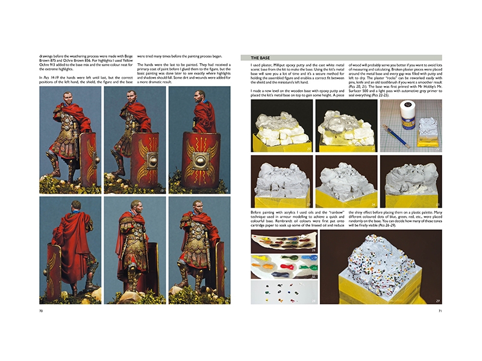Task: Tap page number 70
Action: [42, 311]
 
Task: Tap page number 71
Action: [440, 311]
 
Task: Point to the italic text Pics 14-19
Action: [51, 78]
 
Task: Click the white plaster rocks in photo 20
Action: [280, 126]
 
